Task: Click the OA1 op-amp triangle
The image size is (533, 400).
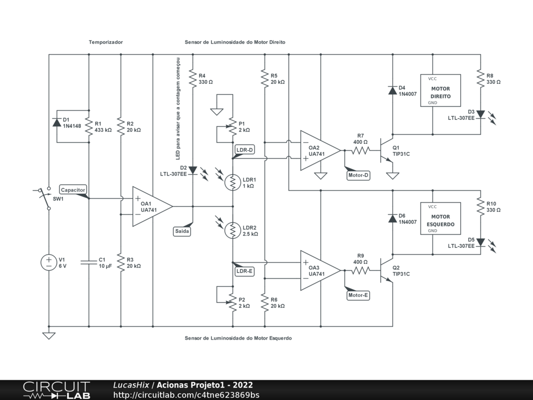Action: pyautogui.click(x=151, y=207)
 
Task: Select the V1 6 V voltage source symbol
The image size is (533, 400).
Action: pyautogui.click(x=49, y=262)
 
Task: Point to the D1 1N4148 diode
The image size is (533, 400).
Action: pyautogui.click(x=57, y=123)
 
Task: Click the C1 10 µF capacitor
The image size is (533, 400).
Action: pyautogui.click(x=89, y=262)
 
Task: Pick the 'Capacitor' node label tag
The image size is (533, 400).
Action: pyautogui.click(x=73, y=190)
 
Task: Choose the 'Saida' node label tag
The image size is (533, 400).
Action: pyautogui.click(x=182, y=231)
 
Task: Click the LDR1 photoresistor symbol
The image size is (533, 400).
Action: pyautogui.click(x=233, y=182)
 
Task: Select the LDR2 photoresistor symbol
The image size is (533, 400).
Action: pyautogui.click(x=233, y=230)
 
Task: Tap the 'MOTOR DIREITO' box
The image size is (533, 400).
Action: pyautogui.click(x=440, y=90)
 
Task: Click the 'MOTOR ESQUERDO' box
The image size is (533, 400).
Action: pyautogui.click(x=440, y=218)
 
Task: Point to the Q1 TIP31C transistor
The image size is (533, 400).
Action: pyautogui.click(x=387, y=151)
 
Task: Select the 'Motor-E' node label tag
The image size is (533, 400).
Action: pyautogui.click(x=358, y=295)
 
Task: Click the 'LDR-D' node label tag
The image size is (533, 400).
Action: pyautogui.click(x=245, y=150)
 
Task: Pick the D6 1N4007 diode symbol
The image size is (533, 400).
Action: pyautogui.click(x=392, y=218)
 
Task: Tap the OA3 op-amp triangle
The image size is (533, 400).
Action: pyautogui.click(x=319, y=270)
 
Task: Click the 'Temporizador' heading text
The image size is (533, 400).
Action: pyautogui.click(x=106, y=42)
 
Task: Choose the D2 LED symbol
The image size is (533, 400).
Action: pyautogui.click(x=193, y=170)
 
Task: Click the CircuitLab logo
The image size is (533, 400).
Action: pyautogui.click(x=56, y=390)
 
